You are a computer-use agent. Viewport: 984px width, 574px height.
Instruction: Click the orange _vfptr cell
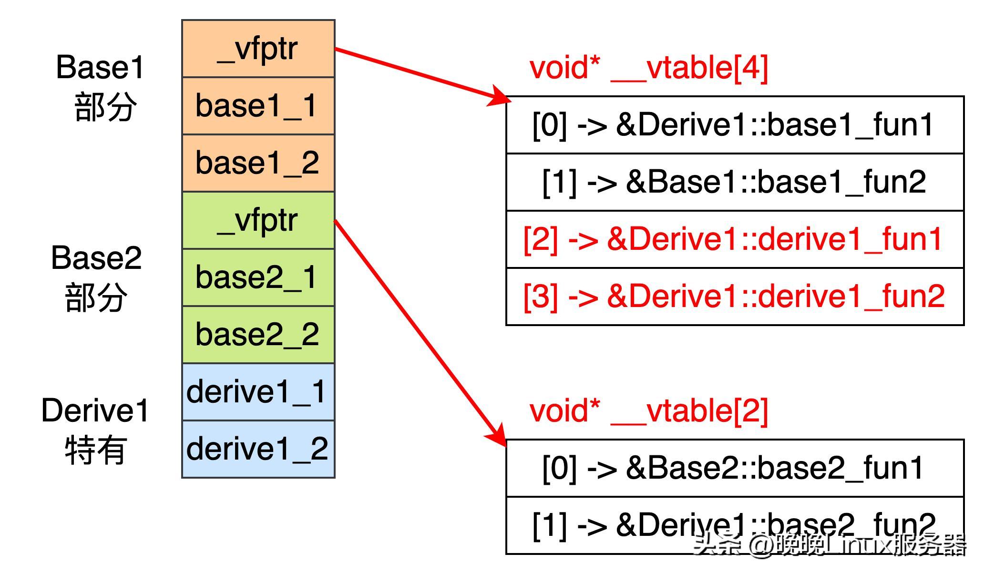[x=258, y=49]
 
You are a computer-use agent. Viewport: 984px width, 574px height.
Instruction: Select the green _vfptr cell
[x=258, y=220]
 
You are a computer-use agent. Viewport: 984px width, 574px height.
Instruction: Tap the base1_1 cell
[x=258, y=106]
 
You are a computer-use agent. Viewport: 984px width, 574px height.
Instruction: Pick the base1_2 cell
[x=258, y=163]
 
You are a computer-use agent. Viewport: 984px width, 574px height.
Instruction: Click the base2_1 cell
[x=258, y=277]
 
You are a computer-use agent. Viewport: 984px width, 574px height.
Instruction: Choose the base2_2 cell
[x=258, y=335]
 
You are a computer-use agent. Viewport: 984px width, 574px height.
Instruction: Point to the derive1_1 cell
[x=258, y=392]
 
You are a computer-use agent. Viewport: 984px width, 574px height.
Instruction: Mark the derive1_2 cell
[x=258, y=449]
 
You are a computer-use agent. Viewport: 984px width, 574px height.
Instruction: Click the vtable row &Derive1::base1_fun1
[x=734, y=125]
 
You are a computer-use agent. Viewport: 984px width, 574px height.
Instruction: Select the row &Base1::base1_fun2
[x=734, y=182]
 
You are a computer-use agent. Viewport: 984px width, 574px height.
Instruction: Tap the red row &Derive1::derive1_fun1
[x=734, y=239]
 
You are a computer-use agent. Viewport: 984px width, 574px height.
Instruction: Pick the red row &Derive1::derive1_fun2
[x=734, y=297]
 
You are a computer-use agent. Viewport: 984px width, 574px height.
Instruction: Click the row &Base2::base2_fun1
[x=734, y=468]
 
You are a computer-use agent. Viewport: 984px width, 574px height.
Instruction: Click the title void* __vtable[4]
[x=648, y=68]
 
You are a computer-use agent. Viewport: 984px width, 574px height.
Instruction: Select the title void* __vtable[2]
[x=648, y=411]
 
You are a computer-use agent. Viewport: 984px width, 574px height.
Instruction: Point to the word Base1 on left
[x=100, y=68]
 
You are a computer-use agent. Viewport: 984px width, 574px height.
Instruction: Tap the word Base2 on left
[x=96, y=258]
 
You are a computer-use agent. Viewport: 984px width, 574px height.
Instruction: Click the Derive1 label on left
[x=95, y=411]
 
